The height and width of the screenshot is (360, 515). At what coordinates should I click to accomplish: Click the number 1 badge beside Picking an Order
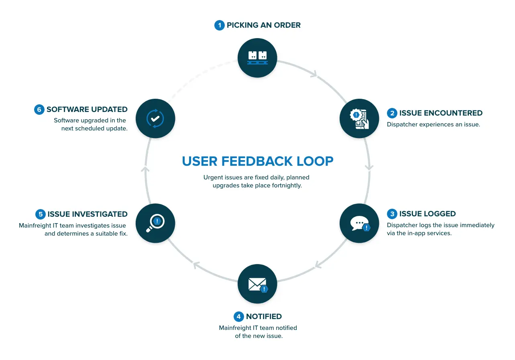coord(219,25)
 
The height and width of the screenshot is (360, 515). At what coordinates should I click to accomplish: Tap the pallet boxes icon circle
coord(257,57)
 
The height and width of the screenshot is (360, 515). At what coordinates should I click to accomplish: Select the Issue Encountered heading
coord(441,113)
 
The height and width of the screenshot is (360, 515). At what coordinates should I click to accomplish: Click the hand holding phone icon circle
coord(359,118)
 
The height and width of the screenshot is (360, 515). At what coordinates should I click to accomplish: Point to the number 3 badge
coord(392,214)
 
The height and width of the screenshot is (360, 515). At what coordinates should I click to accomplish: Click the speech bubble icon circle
coord(359,224)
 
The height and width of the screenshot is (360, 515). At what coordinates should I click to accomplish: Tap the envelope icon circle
coord(257,284)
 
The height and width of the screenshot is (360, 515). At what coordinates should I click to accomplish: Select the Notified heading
coord(264,317)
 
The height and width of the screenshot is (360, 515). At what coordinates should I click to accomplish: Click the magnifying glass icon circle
coord(155,224)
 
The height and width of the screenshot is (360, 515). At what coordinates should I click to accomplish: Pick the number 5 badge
coord(40,214)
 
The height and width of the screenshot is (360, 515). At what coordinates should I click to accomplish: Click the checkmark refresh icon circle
coord(155,118)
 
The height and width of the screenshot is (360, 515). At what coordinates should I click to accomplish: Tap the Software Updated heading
coord(87,110)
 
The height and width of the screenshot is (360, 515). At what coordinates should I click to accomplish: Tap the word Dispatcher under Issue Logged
coord(401,225)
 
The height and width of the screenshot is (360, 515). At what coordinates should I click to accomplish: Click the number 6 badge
coord(39,110)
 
